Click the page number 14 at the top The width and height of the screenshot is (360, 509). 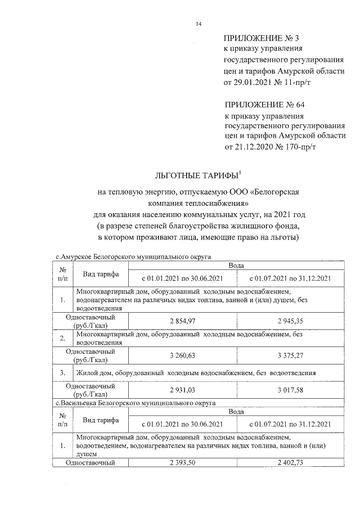click(198, 23)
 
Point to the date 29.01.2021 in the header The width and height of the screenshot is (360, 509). click(254, 83)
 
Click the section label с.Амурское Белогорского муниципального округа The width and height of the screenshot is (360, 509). click(133, 256)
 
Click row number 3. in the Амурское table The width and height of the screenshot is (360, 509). click(63, 373)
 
